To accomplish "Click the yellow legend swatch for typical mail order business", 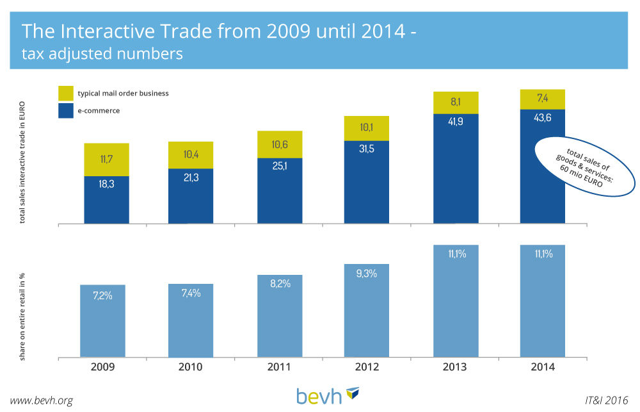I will [x=66, y=93].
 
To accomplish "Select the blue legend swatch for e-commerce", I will [x=66, y=110].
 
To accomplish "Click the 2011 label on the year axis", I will [x=279, y=367].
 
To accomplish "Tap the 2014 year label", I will [x=542, y=367].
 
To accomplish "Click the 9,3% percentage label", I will [x=367, y=272].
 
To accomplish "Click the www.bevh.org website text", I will [x=42, y=400].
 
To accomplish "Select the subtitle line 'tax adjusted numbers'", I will [x=102, y=54].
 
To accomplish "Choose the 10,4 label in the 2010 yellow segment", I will [x=191, y=154].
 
